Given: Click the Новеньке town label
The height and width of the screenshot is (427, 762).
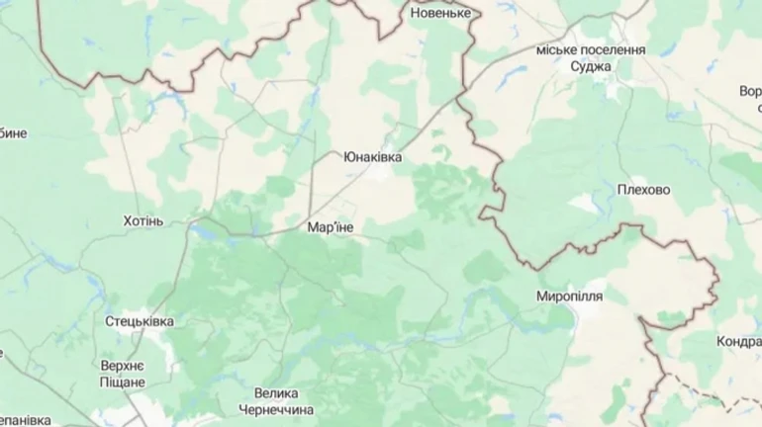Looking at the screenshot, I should [x=440, y=13].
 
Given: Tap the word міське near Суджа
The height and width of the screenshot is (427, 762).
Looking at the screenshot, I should [x=554, y=49].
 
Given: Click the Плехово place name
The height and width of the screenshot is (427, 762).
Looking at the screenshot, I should [x=643, y=190].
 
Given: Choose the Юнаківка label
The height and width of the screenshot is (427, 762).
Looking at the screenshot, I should [x=373, y=156].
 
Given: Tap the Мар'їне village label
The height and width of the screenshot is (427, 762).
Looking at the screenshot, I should [x=331, y=227].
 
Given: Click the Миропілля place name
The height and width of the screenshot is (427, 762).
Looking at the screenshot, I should [x=570, y=297].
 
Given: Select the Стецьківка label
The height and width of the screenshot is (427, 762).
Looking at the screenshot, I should [x=140, y=322].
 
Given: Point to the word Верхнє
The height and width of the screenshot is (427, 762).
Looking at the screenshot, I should [x=123, y=366].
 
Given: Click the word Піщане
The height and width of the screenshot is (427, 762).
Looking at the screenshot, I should [x=123, y=382].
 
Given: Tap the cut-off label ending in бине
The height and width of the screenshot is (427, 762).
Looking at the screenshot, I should [x=13, y=133].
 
